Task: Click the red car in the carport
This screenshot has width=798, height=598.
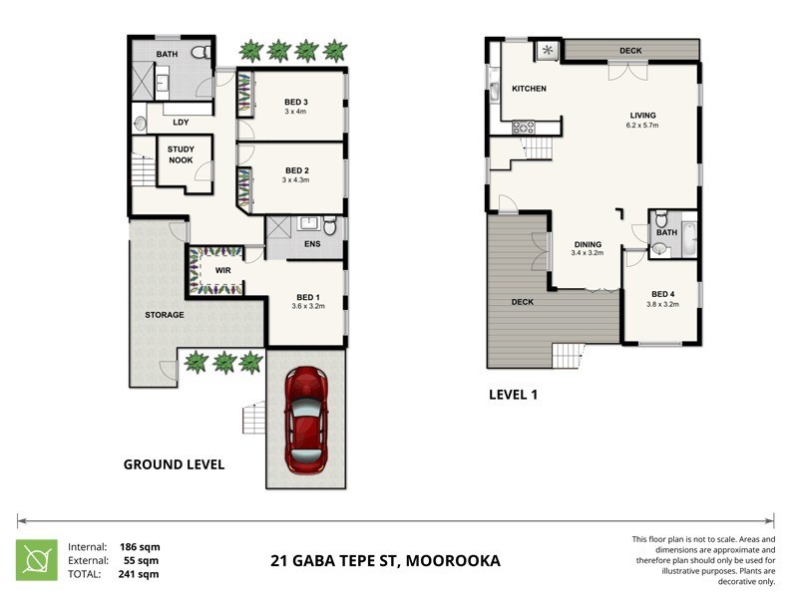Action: (x=306, y=421)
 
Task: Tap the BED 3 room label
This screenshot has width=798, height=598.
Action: (x=296, y=102)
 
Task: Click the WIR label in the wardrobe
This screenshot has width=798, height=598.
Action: (x=223, y=268)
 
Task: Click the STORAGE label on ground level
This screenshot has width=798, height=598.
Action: (x=165, y=315)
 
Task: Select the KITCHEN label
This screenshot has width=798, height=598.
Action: (x=529, y=89)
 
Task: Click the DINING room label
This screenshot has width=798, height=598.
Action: (x=588, y=243)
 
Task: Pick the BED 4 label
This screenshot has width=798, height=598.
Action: (x=662, y=294)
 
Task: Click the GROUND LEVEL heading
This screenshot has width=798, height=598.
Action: (x=174, y=464)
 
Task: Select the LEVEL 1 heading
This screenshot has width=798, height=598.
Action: (x=513, y=395)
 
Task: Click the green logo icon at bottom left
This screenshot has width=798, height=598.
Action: (x=35, y=560)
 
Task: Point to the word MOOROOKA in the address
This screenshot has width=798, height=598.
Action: (x=453, y=561)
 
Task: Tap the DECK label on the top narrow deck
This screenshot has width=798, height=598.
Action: (x=630, y=50)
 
